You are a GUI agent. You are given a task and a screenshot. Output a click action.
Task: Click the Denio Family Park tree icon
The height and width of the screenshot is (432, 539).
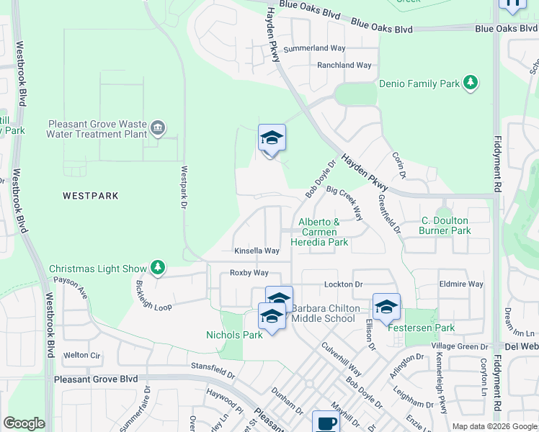pos(471,84)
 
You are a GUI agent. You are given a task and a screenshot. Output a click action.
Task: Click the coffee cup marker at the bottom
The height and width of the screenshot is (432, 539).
pos(325,422)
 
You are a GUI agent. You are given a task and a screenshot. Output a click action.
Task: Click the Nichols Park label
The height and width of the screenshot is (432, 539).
pos(234,335)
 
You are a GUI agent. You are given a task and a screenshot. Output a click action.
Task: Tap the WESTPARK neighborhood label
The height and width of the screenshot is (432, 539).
pos(90,196)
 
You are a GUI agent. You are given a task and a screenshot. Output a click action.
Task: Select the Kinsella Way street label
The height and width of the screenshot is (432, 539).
pos(257,251)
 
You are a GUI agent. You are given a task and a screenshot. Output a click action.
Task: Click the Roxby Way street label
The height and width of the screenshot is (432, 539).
pos(249,273)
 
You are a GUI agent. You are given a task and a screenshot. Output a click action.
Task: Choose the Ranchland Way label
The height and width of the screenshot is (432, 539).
pos(344,66)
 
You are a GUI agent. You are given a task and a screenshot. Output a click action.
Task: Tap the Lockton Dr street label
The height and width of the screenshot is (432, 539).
pos(343,285)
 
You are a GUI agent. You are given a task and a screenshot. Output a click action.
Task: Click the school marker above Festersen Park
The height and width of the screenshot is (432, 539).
pos(386,307)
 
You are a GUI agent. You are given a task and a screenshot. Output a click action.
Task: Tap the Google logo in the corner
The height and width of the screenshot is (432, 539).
pos(24,423)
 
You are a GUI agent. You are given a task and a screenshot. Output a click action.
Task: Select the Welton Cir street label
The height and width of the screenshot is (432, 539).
pos(81,355)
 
